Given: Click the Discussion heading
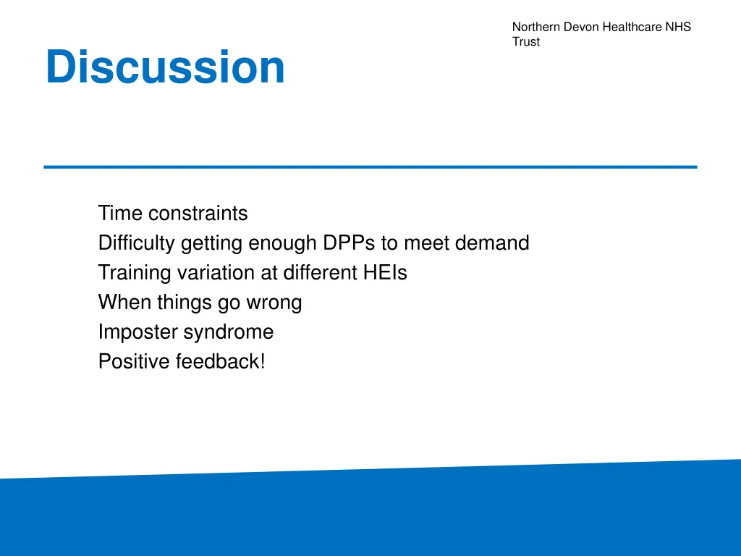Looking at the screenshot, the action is click(x=165, y=67).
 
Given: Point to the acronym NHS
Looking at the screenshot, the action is click(x=678, y=27).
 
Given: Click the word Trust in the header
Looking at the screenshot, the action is click(x=526, y=41).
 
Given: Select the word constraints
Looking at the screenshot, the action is click(x=198, y=214).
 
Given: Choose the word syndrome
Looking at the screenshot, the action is click(x=229, y=332).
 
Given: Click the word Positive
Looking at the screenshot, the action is click(x=134, y=362).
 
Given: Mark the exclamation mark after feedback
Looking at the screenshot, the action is click(x=262, y=362).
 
